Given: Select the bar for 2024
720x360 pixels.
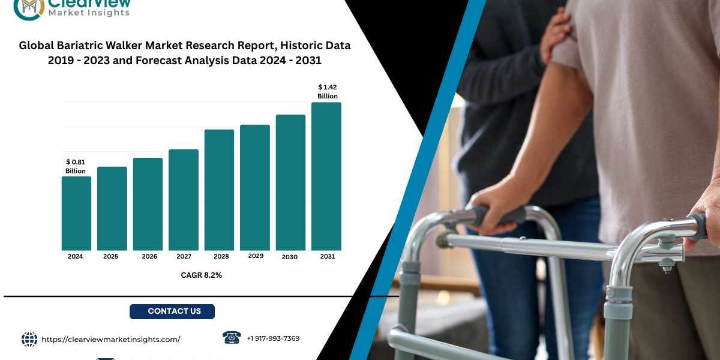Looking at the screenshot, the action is pyautogui.click(x=76, y=214).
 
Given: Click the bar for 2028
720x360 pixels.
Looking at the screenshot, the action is pyautogui.click(x=219, y=190).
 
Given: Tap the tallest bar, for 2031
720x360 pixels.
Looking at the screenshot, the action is pyautogui.click(x=326, y=176).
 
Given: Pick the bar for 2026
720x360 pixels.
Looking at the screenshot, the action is pyautogui.click(x=148, y=204).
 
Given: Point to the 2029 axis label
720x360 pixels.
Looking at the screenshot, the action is pyautogui.click(x=256, y=256).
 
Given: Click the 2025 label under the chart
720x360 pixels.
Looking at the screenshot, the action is pyautogui.click(x=110, y=257).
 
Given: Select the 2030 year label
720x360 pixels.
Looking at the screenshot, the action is pyautogui.click(x=290, y=257).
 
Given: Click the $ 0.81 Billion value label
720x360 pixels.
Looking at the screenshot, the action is pyautogui.click(x=76, y=167).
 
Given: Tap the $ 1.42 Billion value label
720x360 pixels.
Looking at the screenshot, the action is pyautogui.click(x=328, y=92).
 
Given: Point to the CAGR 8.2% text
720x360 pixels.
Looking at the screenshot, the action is pyautogui.click(x=201, y=275).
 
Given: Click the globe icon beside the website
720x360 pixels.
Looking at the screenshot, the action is pyautogui.click(x=29, y=340).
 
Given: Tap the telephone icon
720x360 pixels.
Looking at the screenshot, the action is pyautogui.click(x=232, y=338).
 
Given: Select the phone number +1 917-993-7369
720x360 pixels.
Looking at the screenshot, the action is pyautogui.click(x=273, y=338).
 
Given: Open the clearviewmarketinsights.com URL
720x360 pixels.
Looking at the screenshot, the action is pyautogui.click(x=111, y=340).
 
